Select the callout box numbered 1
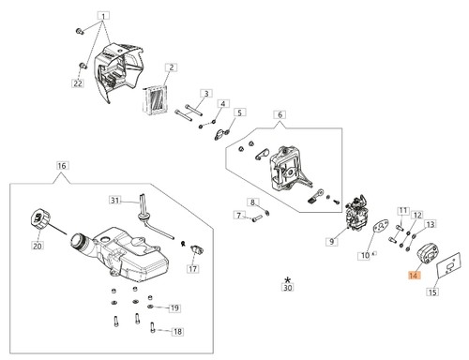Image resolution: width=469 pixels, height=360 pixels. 104,16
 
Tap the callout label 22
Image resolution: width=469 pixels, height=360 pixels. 78,83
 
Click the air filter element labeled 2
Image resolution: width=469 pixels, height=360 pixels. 156,98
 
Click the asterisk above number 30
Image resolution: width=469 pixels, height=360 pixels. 287,279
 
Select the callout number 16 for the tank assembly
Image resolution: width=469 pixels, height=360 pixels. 62,165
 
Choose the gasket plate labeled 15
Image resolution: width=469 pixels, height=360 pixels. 448,265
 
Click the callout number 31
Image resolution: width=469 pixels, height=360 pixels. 115,200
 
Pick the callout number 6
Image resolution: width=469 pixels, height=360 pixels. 280,114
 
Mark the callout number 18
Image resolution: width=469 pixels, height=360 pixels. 177,331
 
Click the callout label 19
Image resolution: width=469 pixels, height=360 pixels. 174,308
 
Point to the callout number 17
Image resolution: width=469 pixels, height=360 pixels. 193,268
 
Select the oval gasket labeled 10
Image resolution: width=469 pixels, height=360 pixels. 381,229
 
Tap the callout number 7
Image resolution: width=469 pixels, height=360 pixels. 239,216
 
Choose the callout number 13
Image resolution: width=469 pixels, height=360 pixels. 431,224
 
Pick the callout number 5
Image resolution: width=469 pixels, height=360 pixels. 239,112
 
